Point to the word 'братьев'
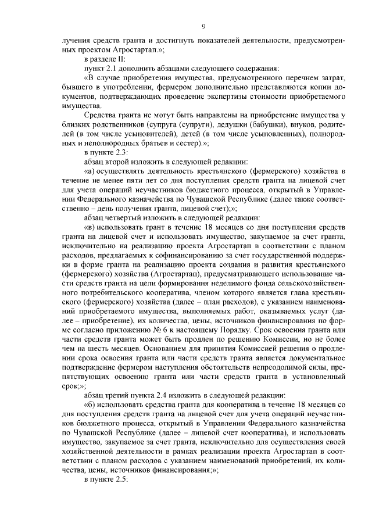click(146, 143)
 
